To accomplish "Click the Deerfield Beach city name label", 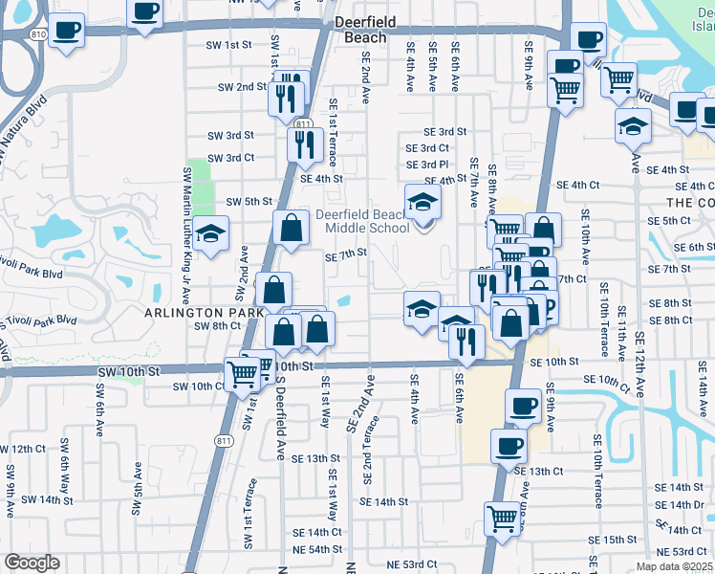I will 360,29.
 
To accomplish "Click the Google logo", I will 32,563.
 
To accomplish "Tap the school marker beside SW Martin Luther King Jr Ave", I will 209,233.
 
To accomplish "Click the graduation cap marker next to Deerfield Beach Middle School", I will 422,202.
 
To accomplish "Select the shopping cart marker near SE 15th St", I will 501,519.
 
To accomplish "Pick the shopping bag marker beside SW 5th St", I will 291,228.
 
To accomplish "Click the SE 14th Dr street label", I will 681,505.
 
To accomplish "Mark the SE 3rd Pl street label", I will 427,165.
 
